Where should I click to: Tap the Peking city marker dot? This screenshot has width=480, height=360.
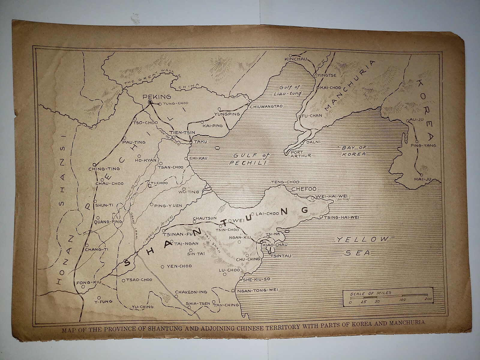150,103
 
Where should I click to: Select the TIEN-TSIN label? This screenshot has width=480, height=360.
182,132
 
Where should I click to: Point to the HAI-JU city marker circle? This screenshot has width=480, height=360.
421,175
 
